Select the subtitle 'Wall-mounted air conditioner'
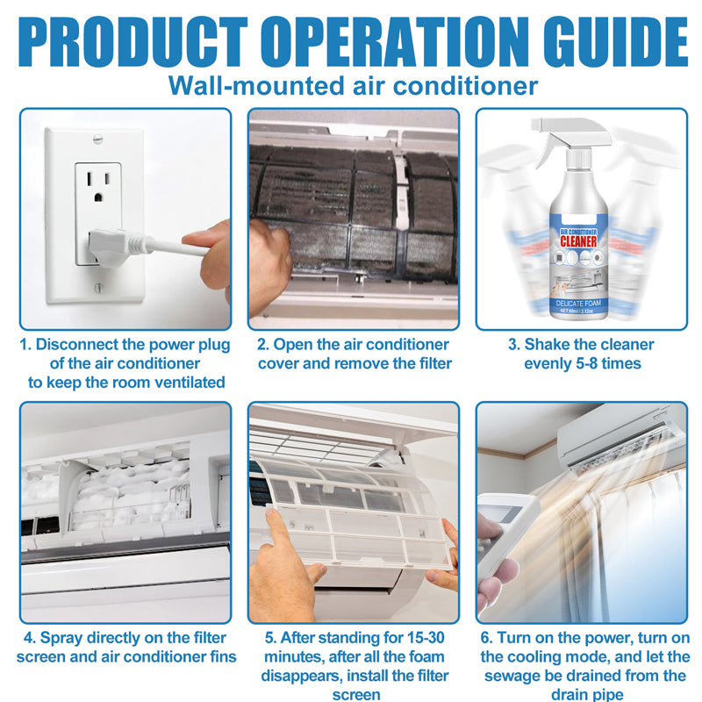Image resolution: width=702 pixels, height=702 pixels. (x=352, y=86)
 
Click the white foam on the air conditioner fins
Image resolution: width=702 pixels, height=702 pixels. (x=132, y=491)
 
